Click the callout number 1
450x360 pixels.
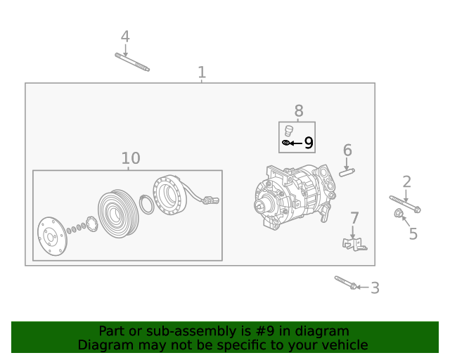202,72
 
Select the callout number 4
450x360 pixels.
125,37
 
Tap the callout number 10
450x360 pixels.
131,159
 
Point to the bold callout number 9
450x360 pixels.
308,143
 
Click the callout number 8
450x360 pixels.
299,110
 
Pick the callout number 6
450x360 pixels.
347,150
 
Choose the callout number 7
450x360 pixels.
354,219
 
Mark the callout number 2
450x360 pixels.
407,183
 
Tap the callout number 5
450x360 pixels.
413,234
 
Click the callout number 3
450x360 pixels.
375,288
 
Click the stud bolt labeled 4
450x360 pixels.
132,63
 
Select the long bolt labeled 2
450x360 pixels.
404,204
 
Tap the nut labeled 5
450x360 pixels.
399,213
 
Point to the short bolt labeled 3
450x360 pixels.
345,283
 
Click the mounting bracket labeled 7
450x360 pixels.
354,243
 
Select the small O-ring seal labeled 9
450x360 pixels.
285,143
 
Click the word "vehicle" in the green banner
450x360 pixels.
343,345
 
